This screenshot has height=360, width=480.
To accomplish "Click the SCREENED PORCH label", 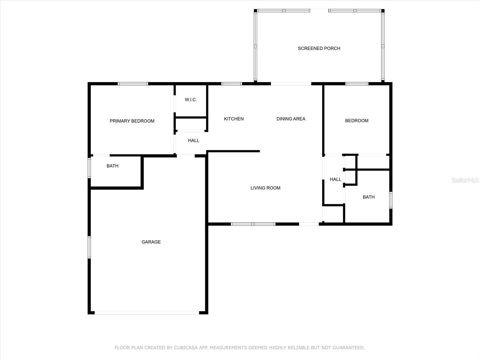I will click(x=319, y=48).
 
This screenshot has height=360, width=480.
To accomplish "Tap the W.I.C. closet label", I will click(x=191, y=100).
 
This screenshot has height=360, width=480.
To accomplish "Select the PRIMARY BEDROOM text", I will click(x=132, y=121).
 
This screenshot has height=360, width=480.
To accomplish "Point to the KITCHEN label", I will click(x=234, y=119).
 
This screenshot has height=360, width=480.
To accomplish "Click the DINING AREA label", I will click(x=291, y=119).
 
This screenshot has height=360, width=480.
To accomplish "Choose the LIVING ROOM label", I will click(x=265, y=188).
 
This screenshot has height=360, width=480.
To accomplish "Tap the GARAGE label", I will click(x=151, y=242).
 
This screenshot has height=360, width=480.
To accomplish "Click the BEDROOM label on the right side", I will click(x=357, y=121).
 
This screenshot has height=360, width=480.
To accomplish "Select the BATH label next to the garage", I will click(x=112, y=166).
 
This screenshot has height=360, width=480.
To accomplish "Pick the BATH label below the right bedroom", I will click(x=368, y=197).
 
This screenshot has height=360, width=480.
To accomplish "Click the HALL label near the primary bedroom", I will click(x=193, y=140).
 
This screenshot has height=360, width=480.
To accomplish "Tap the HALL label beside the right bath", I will click(x=335, y=179).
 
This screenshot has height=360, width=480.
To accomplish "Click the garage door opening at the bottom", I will click(x=147, y=313).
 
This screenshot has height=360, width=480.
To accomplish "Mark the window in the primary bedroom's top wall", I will click(x=133, y=84).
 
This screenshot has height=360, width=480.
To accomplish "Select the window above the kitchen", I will click(x=231, y=84).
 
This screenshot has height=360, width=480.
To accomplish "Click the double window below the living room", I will click(x=253, y=224).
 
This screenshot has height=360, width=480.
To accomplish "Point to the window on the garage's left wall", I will click(x=89, y=247).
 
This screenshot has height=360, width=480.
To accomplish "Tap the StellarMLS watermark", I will click(x=465, y=180).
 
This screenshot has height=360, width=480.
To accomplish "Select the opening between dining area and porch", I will click(x=291, y=84).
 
